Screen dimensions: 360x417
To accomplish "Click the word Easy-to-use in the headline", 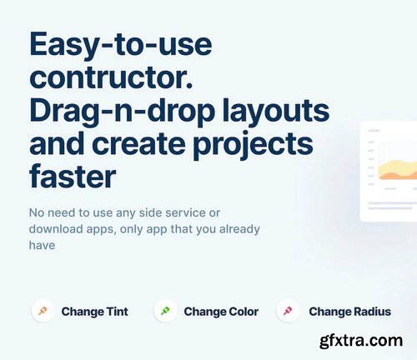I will pos(121,44).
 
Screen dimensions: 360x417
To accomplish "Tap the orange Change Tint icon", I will pos(43,311).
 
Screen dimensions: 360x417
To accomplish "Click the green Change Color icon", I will pos(165,311).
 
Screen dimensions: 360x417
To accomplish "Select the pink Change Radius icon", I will pos(288,311).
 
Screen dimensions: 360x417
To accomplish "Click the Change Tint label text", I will pos(94,312).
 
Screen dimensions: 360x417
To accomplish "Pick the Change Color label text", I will pos(221,312).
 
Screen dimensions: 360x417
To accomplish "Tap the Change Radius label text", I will pos(349,312).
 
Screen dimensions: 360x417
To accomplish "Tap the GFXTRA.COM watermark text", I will pos(366,341).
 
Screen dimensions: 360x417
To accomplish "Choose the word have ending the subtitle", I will pos(42,245).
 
